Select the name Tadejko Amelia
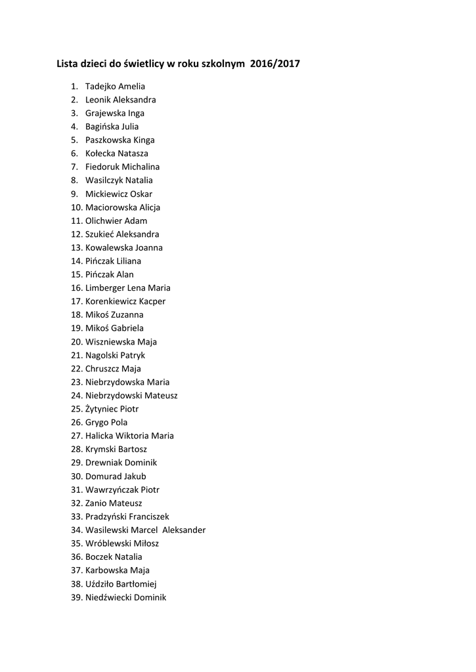pos(115,86)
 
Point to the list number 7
pos(74,167)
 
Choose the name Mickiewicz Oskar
pos(118,194)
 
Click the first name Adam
pos(136,220)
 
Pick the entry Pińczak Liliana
pos(113,261)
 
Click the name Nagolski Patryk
pos(115,355)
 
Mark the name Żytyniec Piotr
pos(112,409)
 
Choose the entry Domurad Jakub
pos(116,476)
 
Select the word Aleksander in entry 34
pos(184,530)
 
